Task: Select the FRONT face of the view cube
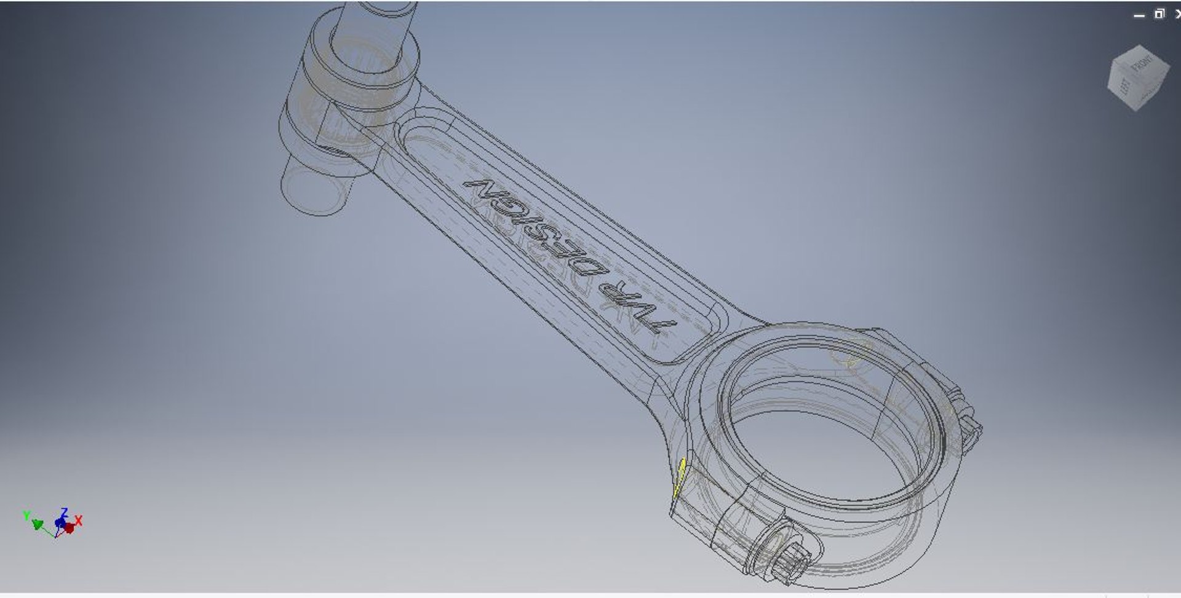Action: [1144, 65]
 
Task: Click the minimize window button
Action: [1139, 15]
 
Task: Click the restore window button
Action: [1159, 14]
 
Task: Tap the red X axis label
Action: [79, 522]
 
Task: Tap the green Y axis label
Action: [26, 515]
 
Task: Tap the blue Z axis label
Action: [64, 511]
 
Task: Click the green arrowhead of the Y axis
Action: [38, 524]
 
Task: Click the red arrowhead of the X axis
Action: [69, 528]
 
